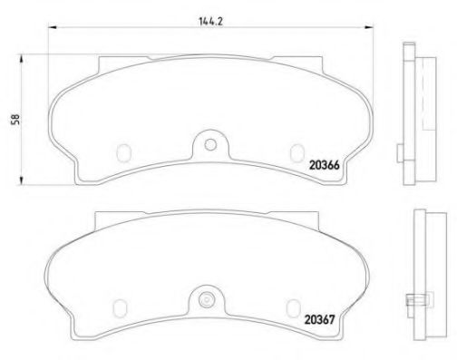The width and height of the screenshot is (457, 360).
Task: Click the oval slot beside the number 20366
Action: point(294,152)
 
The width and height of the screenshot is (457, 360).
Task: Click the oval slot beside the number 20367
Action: point(293,304)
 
